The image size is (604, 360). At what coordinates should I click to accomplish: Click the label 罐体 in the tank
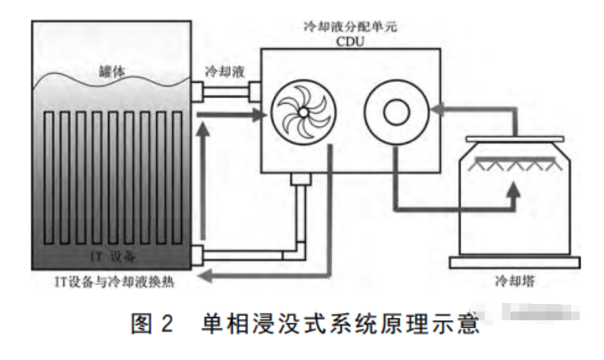point(110,73)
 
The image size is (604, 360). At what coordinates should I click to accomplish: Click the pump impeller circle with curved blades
point(302,111)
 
